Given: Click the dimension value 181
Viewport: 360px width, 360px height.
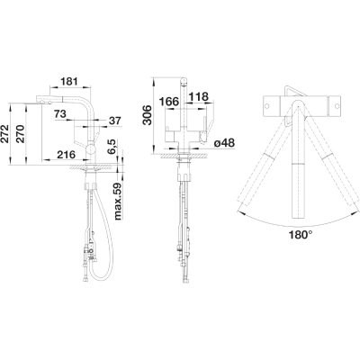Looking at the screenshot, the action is [69, 81].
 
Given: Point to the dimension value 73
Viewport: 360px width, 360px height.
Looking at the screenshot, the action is [60, 113].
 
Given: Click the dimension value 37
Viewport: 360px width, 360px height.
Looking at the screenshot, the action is [115, 121].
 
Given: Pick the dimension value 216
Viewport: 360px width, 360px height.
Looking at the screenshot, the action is [66, 155].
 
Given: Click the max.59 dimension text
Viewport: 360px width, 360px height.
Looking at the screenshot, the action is [118, 202].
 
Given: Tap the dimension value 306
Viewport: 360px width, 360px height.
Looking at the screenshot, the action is [148, 115].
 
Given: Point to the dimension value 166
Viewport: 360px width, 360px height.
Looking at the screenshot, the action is [169, 102].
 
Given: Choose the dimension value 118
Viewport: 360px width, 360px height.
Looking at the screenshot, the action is [198, 96].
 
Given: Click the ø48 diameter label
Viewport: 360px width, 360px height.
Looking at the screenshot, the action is [224, 143].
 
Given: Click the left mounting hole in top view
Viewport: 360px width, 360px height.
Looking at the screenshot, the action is [266, 106].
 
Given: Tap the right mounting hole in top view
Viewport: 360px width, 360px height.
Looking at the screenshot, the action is [337, 106].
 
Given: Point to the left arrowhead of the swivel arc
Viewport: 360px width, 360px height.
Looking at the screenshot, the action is [240, 213].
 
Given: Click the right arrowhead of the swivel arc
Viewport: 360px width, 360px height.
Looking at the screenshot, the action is [355, 211].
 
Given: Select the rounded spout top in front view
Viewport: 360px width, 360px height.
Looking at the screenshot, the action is [184, 81].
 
